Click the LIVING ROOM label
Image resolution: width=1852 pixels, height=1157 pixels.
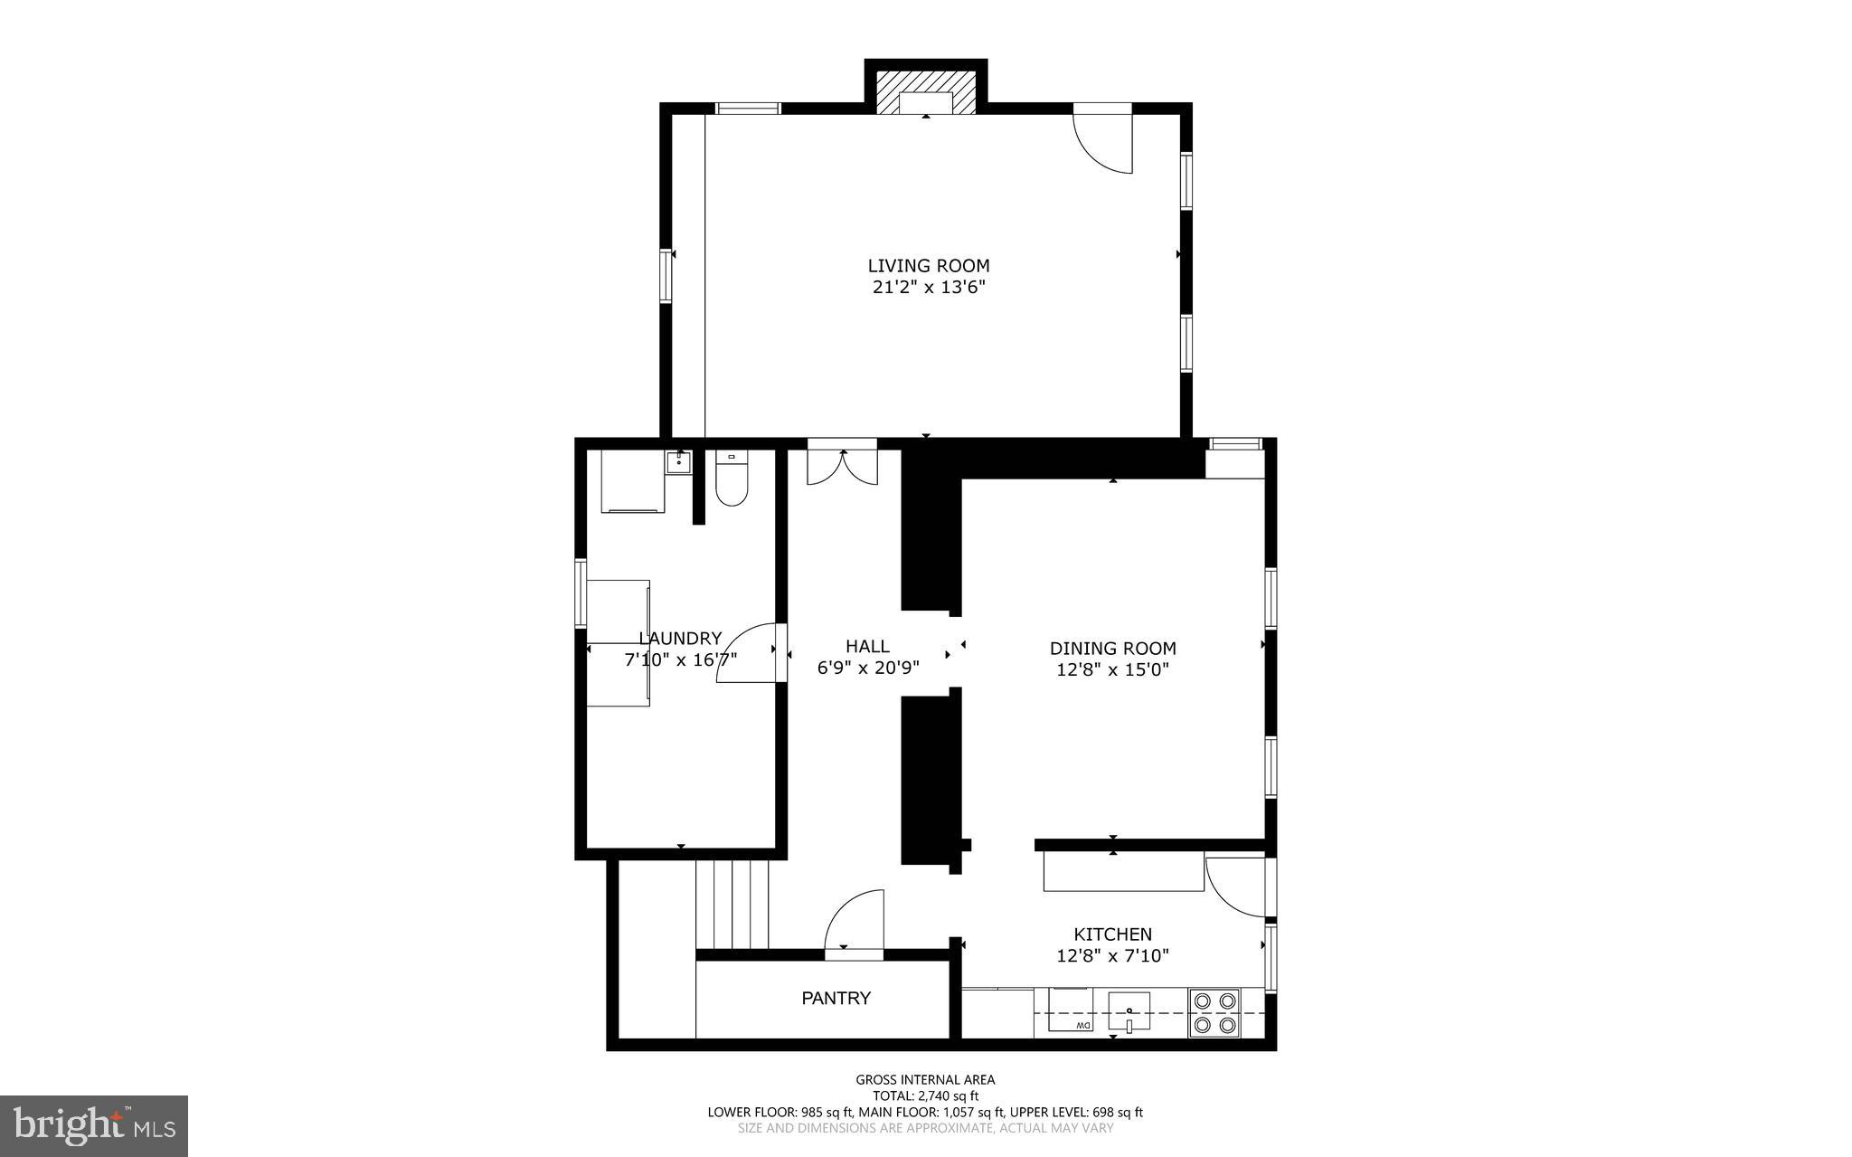tap(929, 266)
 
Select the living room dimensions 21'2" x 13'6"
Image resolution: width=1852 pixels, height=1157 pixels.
tap(929, 289)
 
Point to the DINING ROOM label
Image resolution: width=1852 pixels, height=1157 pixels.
tap(1112, 649)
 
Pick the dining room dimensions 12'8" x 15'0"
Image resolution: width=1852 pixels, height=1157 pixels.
tap(1112, 670)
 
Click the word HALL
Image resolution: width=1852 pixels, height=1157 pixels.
tap(867, 647)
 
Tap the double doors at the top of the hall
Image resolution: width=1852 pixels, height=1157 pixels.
tap(842, 466)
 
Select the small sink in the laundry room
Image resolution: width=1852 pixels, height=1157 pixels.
tap(678, 462)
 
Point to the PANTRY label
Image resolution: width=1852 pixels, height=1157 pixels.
tap(836, 999)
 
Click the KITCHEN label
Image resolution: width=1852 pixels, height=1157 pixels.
tap(1112, 934)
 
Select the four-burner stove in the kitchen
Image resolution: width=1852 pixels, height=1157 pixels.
tap(1214, 1013)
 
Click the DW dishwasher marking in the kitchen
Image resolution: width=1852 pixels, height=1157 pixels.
tap(1082, 1025)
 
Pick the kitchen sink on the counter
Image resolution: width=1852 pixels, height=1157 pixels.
tap(1129, 1011)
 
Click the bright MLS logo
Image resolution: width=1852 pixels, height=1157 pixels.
tap(94, 1125)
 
